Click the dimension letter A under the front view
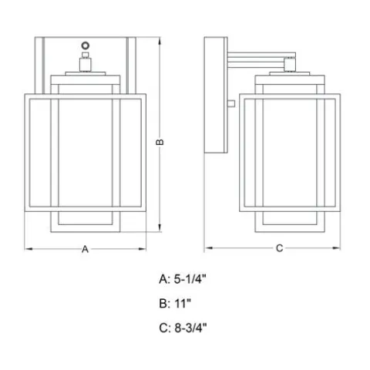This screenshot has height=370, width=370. click(x=85, y=249)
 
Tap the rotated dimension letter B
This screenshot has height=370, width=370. click(x=160, y=142)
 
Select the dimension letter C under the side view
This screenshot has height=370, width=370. click(x=280, y=248)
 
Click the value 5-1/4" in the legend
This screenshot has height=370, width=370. click(x=190, y=279)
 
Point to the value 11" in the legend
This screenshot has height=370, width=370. click(x=183, y=304)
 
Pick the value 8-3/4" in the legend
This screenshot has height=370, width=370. click(x=190, y=328)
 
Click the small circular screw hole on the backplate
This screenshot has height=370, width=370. click(x=86, y=45)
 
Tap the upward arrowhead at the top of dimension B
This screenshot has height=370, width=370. click(x=160, y=41)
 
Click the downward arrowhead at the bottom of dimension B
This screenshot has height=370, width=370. click(x=160, y=227)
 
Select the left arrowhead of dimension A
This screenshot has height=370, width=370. click(x=29, y=249)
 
